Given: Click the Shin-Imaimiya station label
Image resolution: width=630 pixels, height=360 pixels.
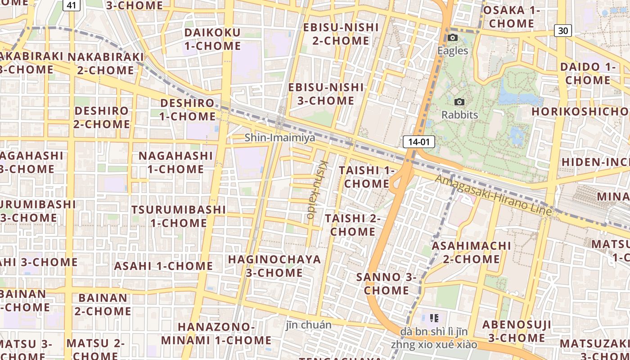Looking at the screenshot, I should click(280, 138).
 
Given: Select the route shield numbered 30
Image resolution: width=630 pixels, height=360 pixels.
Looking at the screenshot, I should click(563, 30).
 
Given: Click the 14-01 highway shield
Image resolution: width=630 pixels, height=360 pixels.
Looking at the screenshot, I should click(419, 142).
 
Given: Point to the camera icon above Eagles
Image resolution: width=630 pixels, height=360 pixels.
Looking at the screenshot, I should click(453, 38).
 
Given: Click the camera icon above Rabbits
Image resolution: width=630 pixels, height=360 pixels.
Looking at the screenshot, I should click(459, 102).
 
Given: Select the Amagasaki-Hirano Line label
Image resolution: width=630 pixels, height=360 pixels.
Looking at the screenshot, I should click(493, 195).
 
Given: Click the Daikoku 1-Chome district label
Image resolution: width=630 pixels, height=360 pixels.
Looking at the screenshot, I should click(212, 39).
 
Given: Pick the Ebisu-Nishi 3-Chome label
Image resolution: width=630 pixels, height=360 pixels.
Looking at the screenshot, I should click(326, 94).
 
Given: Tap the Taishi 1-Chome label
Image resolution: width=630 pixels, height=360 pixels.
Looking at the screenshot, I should click(366, 177).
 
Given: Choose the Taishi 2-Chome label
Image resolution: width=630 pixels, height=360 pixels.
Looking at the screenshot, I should click(353, 225).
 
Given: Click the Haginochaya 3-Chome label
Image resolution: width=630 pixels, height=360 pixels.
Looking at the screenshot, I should click(274, 266).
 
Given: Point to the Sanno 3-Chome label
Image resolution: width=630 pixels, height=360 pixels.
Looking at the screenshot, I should click(387, 283).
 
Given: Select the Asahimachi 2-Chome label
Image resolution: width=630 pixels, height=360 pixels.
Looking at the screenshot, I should click(471, 252).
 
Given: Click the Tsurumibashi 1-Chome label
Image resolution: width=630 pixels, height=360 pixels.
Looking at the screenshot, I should click(179, 216).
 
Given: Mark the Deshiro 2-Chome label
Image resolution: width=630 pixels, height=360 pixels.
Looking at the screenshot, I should click(101, 117).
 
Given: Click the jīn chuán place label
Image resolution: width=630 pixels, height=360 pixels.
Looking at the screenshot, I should click(309, 325).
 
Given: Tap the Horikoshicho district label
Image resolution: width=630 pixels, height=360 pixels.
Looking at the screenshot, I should click(580, 112).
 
